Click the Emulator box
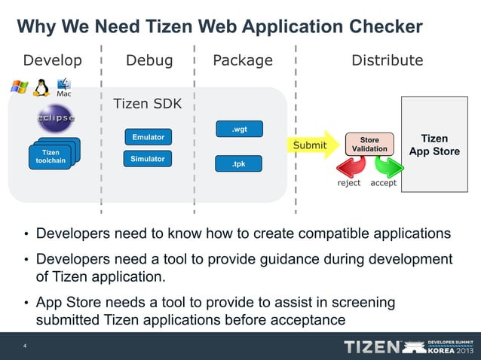pyautogui.click(x=148, y=137)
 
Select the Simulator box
pyautogui.click(x=148, y=159)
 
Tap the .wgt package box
pyautogui.click(x=239, y=130)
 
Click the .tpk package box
pyautogui.click(x=239, y=163)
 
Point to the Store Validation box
pyautogui.click(x=369, y=145)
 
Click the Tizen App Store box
pyautogui.click(x=434, y=145)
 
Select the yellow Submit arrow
pyautogui.click(x=313, y=145)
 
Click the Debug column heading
pyautogui.click(x=149, y=60)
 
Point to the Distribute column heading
pyautogui.click(x=388, y=60)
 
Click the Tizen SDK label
pyautogui.click(x=147, y=104)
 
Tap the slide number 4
pyautogui.click(x=25, y=346)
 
